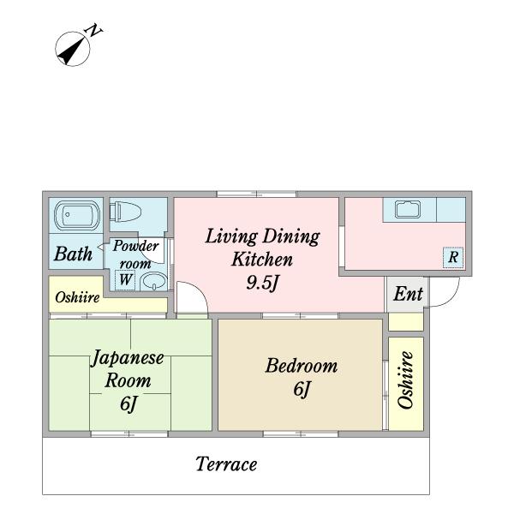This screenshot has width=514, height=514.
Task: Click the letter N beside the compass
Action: point(93,31)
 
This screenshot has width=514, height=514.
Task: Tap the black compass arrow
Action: point(71,51)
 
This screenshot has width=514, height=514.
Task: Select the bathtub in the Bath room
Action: point(77,215)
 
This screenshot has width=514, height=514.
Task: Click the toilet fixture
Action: point(126,212)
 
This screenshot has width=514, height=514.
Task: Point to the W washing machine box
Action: point(125,280)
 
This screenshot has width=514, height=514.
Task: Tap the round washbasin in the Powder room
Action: point(153,282)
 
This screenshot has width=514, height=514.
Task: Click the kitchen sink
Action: point(408,210)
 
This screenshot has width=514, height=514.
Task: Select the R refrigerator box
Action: point(453,257)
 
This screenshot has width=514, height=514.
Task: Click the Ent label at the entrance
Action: point(408,293)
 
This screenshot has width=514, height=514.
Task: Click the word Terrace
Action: point(226,463)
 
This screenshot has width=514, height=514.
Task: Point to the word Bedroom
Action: point(302,366)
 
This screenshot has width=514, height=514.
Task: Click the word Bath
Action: point(73,254)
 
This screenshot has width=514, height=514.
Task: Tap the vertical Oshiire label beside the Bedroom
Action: point(405,380)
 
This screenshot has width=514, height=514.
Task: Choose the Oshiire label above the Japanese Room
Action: point(77,297)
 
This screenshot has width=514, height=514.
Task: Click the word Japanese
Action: point(127,358)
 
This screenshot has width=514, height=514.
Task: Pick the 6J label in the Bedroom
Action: point(302,389)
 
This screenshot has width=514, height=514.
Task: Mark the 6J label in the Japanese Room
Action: point(128,403)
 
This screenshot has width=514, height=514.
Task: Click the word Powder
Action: point(135,246)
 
